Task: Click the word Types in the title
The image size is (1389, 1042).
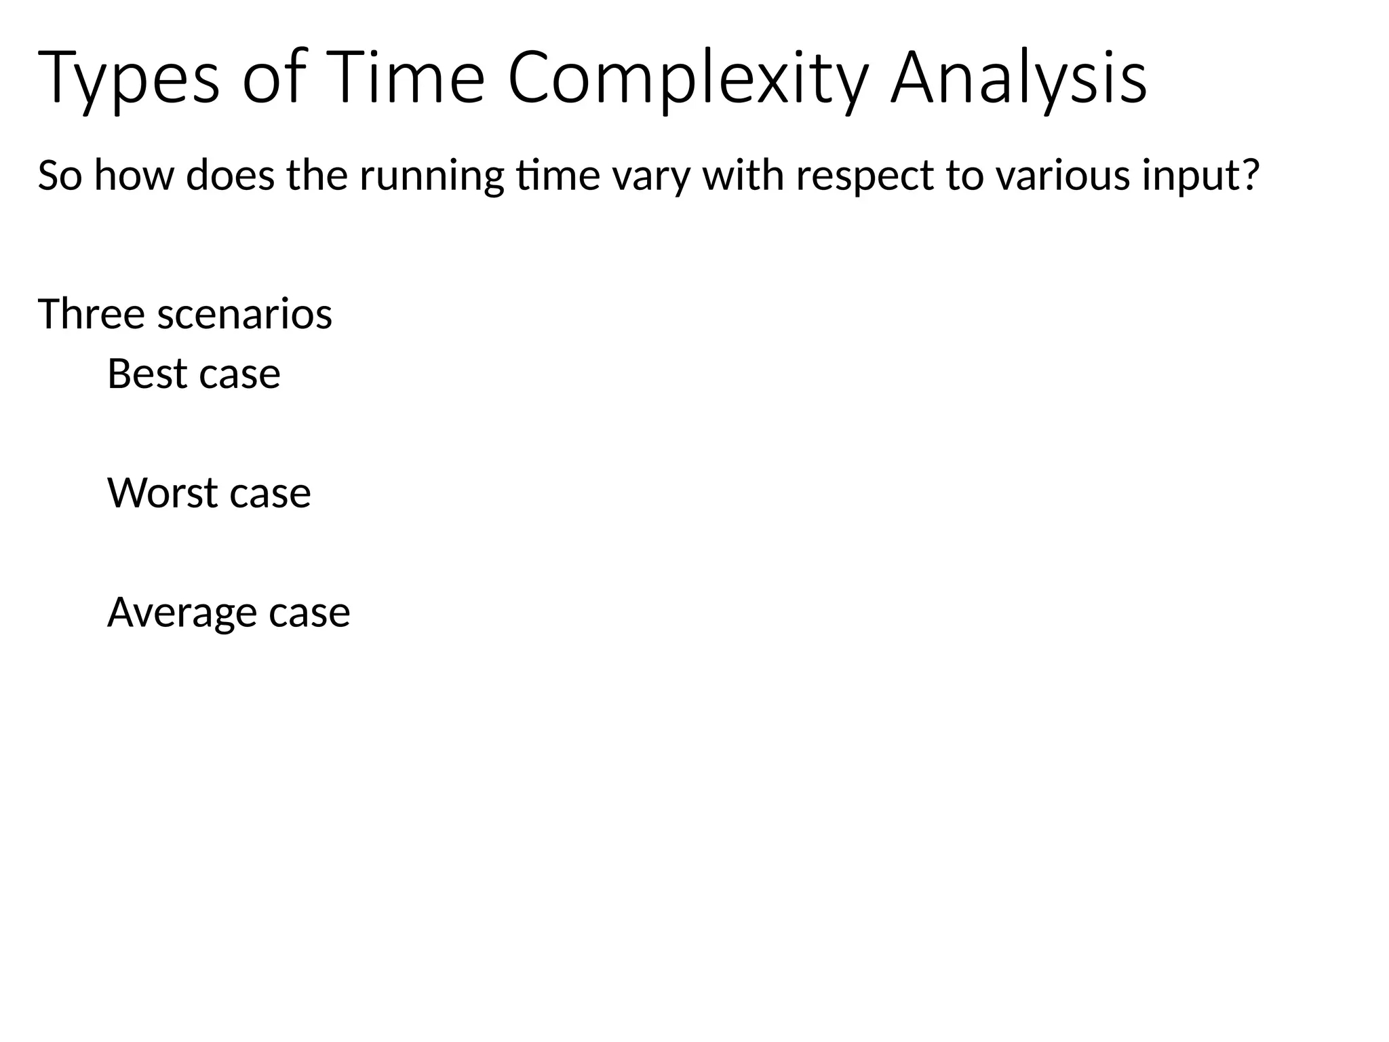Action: click(129, 78)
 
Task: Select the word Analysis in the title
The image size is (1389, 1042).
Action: click(1018, 78)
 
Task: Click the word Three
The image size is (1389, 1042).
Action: click(92, 314)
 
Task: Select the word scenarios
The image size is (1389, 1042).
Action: click(245, 314)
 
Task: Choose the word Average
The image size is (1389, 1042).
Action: click(182, 613)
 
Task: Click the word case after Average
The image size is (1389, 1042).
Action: click(309, 613)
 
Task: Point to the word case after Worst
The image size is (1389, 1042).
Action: click(270, 493)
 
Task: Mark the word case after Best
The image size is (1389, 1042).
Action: click(239, 374)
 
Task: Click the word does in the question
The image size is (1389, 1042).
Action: click(230, 175)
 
